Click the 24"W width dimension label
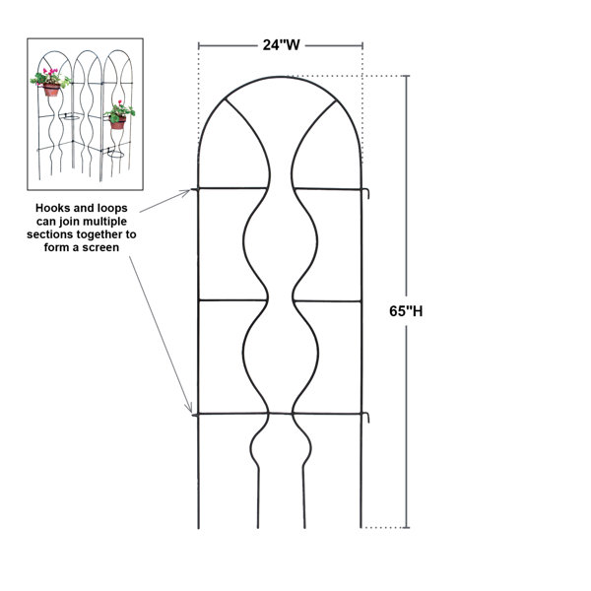tap(281, 45)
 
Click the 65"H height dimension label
tap(406, 311)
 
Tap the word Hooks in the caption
tap(50, 208)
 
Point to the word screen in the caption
tap(100, 247)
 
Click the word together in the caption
tap(99, 234)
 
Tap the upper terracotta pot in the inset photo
tap(51, 90)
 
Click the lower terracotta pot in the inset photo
tap(117, 122)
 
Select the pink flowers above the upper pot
tap(50, 71)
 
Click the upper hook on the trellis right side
tap(366, 193)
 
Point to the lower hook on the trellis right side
tap(366, 418)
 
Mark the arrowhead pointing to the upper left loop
tap(187, 193)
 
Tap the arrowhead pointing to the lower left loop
tap(189, 408)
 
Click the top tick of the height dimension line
tap(406, 76)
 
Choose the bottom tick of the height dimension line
tap(406, 527)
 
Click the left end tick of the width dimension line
tap(199, 46)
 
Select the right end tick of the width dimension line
tap(362, 46)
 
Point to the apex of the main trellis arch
tap(280, 77)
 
